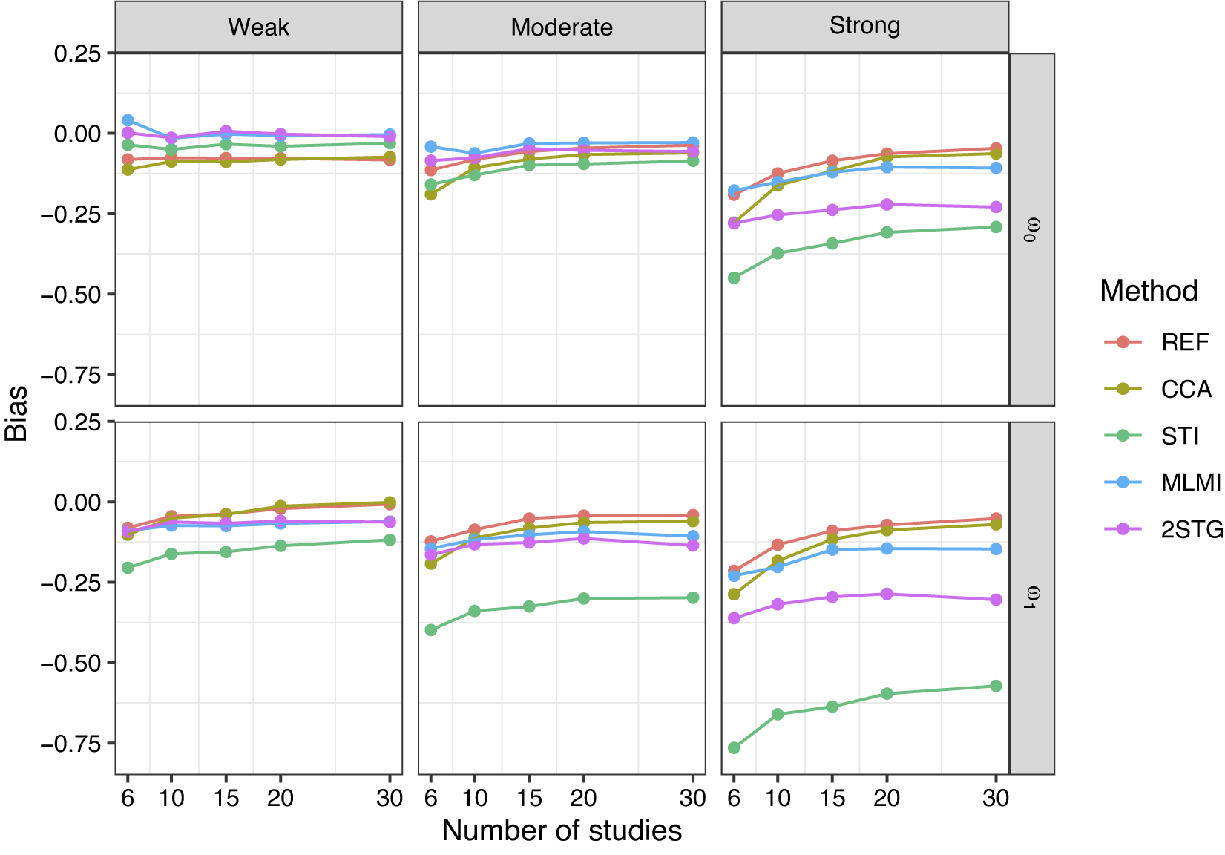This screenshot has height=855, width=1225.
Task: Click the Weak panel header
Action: click(259, 27)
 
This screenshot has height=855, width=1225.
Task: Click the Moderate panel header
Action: click(562, 27)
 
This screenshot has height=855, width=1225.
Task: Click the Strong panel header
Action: click(864, 26)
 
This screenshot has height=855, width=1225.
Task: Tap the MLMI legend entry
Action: click(1162, 482)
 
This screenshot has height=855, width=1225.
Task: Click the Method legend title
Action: click(1149, 290)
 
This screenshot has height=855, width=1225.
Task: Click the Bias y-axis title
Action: click(16, 413)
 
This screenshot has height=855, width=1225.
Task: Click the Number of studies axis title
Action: click(562, 831)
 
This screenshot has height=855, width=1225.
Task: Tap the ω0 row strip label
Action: click(1031, 230)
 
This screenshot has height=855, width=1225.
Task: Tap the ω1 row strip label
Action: click(1031, 598)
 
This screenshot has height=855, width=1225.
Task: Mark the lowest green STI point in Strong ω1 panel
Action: click(734, 748)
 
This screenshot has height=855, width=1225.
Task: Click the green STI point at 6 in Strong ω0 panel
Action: click(734, 278)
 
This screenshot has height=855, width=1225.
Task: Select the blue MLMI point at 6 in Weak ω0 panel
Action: click(128, 120)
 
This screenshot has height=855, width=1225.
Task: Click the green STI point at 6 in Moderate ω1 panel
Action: click(431, 630)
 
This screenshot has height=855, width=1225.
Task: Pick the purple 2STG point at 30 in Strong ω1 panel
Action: click(996, 600)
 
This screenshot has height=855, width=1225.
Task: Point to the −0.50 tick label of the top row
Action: click(70, 295)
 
